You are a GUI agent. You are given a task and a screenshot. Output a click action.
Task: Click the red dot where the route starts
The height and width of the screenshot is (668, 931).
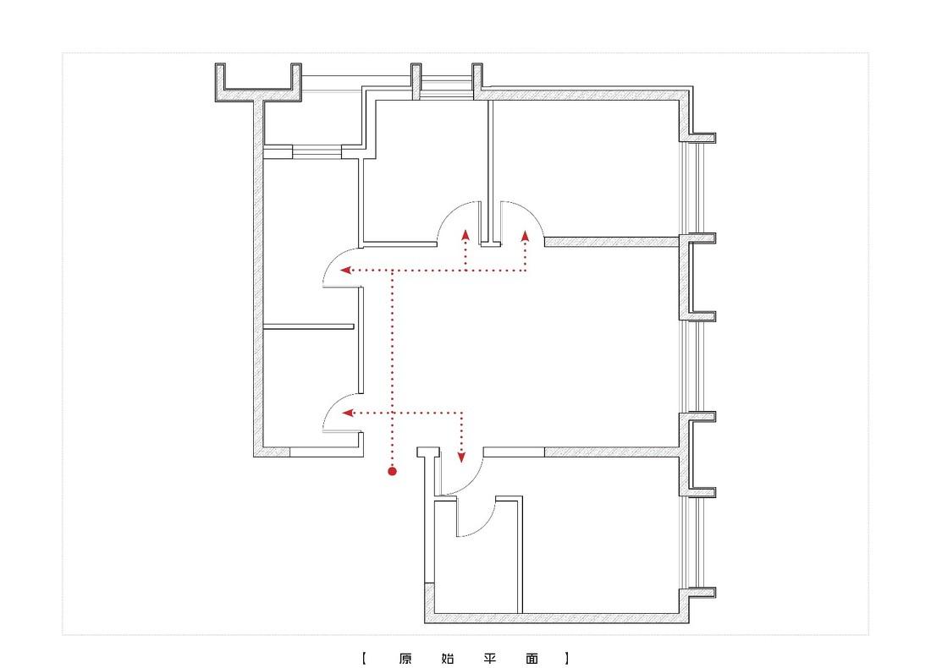tap(392, 471)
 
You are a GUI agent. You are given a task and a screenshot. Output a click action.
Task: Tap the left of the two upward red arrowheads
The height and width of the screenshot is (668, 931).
tap(465, 235)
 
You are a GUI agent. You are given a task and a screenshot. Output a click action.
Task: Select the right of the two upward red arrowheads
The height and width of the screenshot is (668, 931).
tap(525, 236)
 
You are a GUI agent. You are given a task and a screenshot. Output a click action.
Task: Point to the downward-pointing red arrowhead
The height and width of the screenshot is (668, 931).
tap(462, 457)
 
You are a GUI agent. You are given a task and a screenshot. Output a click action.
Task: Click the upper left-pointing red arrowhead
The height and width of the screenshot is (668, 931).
tap(345, 270)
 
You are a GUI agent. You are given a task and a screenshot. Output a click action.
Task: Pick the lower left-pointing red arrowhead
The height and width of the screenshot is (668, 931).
tap(348, 413)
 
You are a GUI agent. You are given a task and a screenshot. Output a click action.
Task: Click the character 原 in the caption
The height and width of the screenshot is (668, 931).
tap(405, 658)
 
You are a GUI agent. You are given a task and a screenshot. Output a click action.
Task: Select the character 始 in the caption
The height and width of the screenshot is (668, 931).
tap(448, 658)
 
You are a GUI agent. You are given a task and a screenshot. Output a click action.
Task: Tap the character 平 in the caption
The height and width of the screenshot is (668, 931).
tap(490, 658)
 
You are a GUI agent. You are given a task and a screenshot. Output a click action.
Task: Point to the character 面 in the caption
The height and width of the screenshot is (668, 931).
tap(532, 658)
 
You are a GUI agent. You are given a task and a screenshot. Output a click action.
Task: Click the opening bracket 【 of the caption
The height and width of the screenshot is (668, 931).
tap(364, 658)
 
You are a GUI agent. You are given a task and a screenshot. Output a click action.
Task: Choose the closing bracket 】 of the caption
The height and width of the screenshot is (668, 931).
tap(567, 658)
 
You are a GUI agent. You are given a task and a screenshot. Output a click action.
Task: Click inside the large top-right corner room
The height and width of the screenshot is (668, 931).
tap(586, 168)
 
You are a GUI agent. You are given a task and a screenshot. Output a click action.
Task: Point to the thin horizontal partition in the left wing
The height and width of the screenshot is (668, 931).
tap(308, 326)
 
